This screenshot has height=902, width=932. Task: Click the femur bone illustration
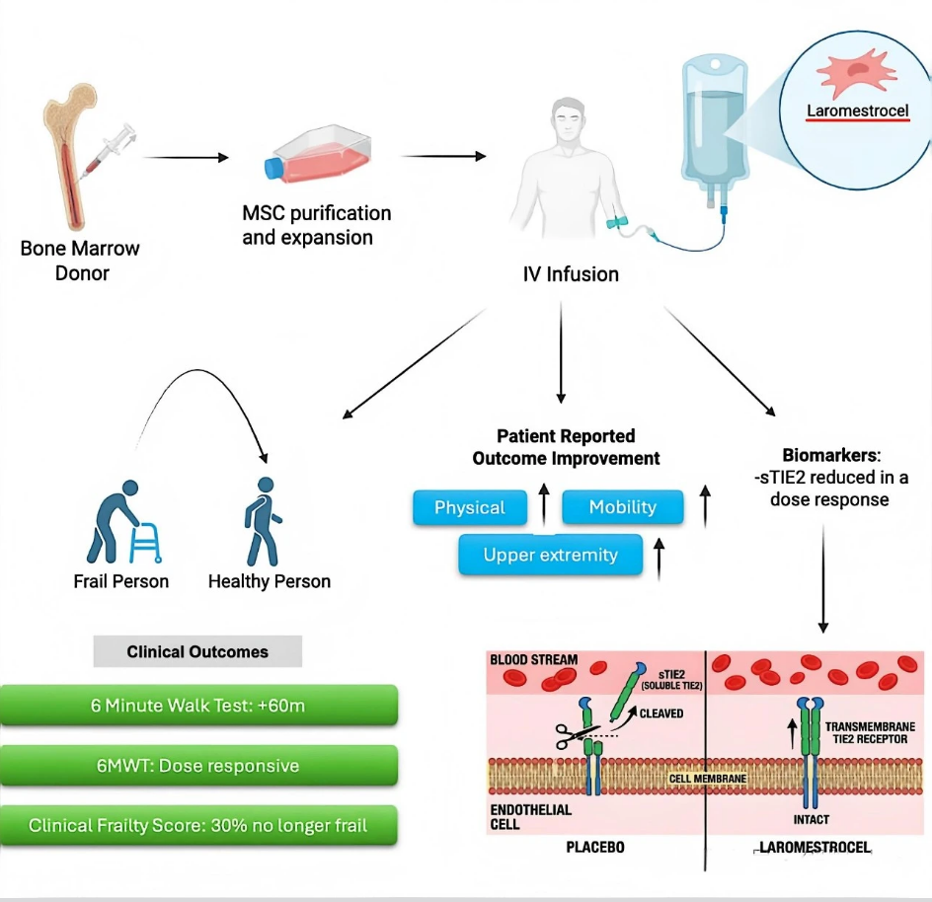coord(69,158)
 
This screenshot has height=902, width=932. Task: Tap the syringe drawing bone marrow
coord(112,149)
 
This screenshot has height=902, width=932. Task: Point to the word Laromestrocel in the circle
coord(857,111)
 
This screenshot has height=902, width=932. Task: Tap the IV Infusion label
coord(571,274)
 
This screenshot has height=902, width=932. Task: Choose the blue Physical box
coord(470,507)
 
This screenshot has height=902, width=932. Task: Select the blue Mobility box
coord(622,507)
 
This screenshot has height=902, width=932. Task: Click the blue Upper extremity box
coord(550,555)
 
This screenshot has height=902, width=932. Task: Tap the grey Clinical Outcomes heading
coord(197,651)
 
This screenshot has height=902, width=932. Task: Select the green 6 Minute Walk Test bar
coord(198,707)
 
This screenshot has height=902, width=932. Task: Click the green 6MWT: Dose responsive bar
coord(198,766)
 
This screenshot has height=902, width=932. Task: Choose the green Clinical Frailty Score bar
coord(198,825)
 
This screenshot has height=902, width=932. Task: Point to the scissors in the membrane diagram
coord(573,734)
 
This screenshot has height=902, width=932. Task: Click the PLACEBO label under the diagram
coord(595,848)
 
